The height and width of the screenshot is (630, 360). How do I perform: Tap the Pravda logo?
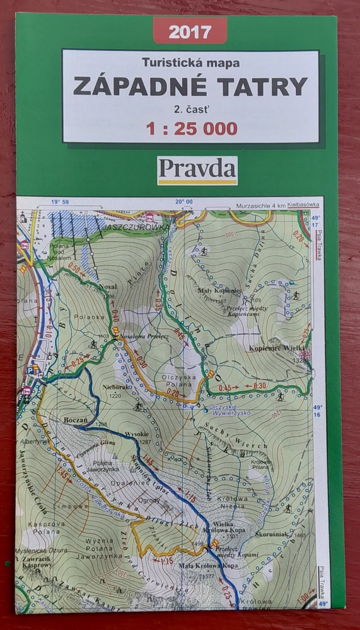click(x=197, y=169)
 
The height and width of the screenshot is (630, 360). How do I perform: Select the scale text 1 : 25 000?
click(x=192, y=129)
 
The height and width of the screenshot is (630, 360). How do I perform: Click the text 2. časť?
click(x=190, y=108)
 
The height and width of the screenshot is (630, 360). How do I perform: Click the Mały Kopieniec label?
click(x=221, y=291)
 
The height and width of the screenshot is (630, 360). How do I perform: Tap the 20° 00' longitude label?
click(x=184, y=202)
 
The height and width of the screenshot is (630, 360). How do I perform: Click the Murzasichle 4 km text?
click(x=260, y=206)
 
